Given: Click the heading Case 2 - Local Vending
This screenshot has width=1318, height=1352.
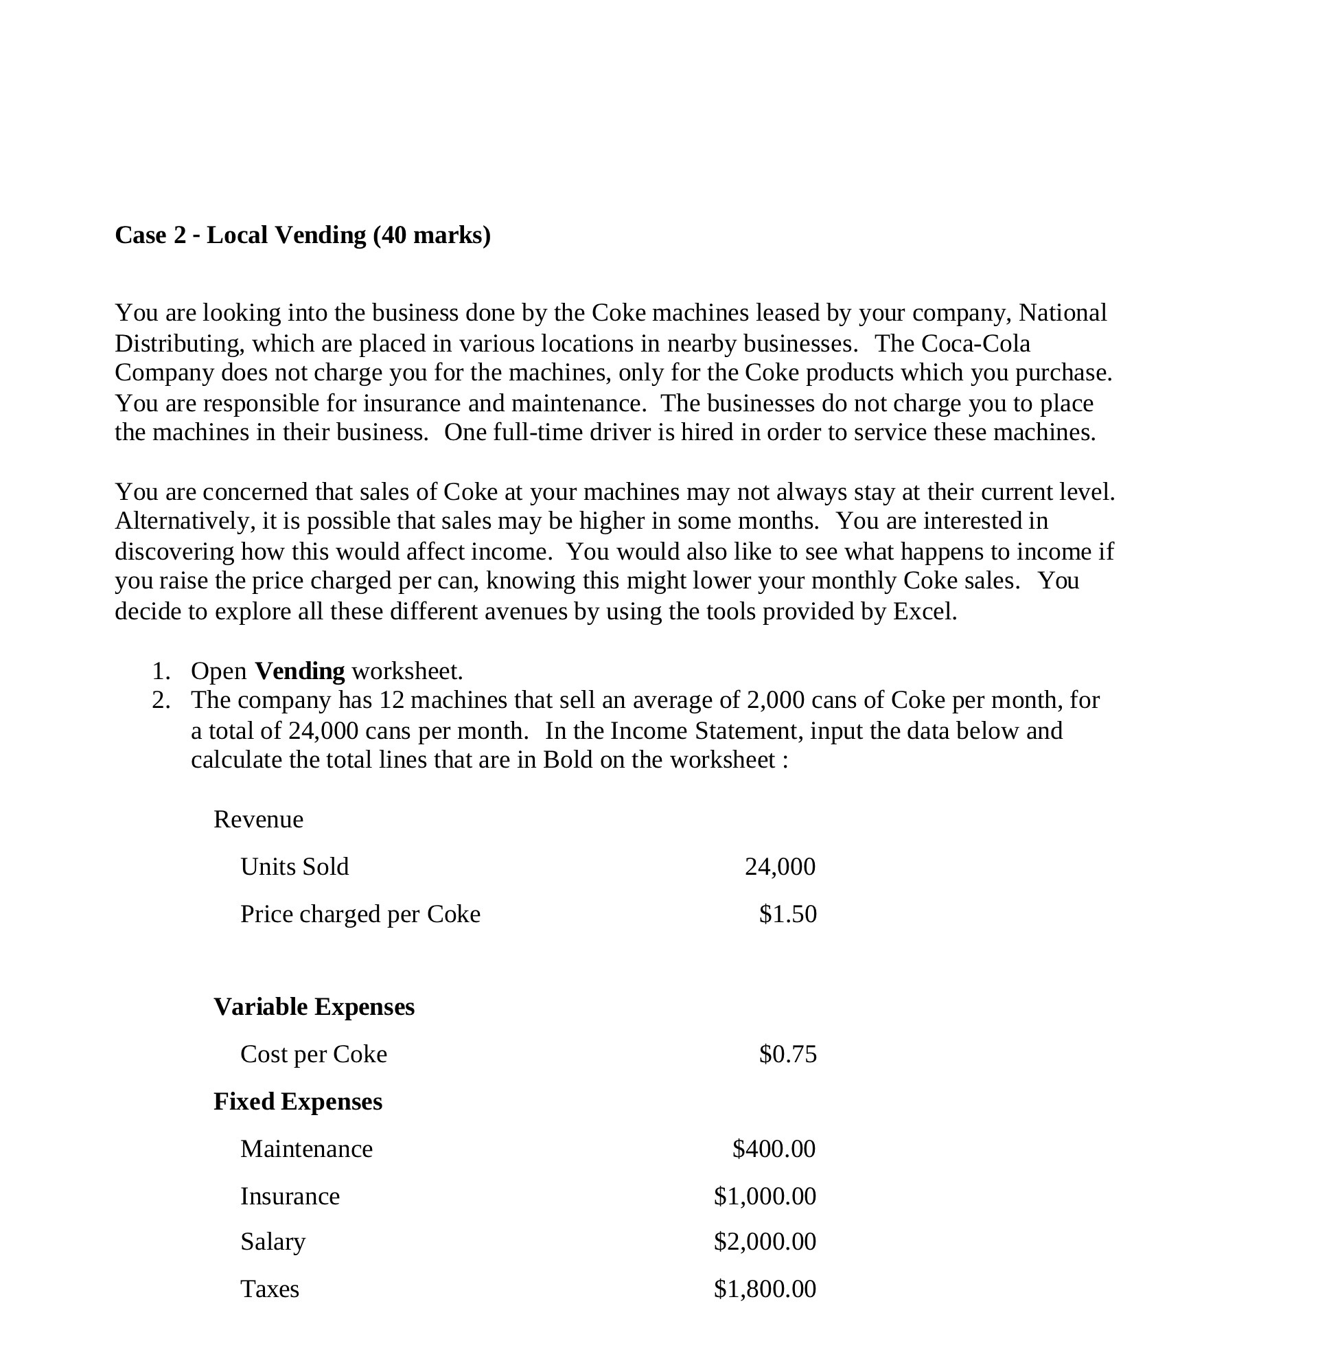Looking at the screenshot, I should pyautogui.click(x=303, y=236).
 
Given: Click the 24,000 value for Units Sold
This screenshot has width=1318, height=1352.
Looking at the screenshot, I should pyautogui.click(x=779, y=867).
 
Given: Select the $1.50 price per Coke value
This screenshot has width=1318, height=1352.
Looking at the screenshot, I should pyautogui.click(x=787, y=914).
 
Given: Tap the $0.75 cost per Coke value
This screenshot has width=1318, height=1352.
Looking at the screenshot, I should pyautogui.click(x=787, y=1053).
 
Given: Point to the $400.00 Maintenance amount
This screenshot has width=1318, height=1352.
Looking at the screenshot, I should pyautogui.click(x=773, y=1149).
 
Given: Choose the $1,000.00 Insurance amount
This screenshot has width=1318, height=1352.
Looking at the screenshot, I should pyautogui.click(x=764, y=1195).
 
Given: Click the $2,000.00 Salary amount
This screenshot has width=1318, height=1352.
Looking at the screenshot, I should pyautogui.click(x=764, y=1241).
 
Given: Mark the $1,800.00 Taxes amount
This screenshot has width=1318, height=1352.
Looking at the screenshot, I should pyautogui.click(x=764, y=1288).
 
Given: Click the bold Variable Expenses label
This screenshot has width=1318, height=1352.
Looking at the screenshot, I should pyautogui.click(x=314, y=1007).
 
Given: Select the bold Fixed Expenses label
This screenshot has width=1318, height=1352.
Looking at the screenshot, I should pyautogui.click(x=298, y=1101).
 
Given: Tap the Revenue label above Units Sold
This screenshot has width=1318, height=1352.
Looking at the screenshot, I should pyautogui.click(x=258, y=820).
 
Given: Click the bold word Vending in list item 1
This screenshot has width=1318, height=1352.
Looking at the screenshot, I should pyautogui.click(x=299, y=671).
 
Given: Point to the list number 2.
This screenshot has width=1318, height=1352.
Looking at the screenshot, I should pyautogui.click(x=161, y=700).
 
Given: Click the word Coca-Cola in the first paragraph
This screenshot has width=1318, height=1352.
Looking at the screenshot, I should pyautogui.click(x=975, y=343).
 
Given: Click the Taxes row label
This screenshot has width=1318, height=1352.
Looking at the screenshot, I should pyautogui.click(x=269, y=1289).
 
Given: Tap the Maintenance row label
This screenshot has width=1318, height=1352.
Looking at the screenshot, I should pyautogui.click(x=306, y=1149).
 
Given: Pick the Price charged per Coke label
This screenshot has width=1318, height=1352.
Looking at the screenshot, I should pyautogui.click(x=360, y=915).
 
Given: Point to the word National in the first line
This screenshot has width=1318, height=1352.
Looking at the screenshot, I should pyautogui.click(x=1063, y=313).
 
